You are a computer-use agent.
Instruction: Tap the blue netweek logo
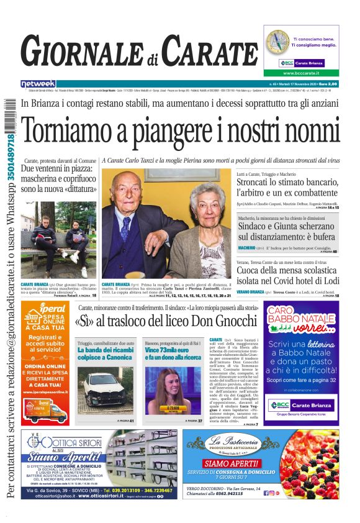click(x=38, y=83)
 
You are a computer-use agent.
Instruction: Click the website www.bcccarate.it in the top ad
click(x=300, y=73)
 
